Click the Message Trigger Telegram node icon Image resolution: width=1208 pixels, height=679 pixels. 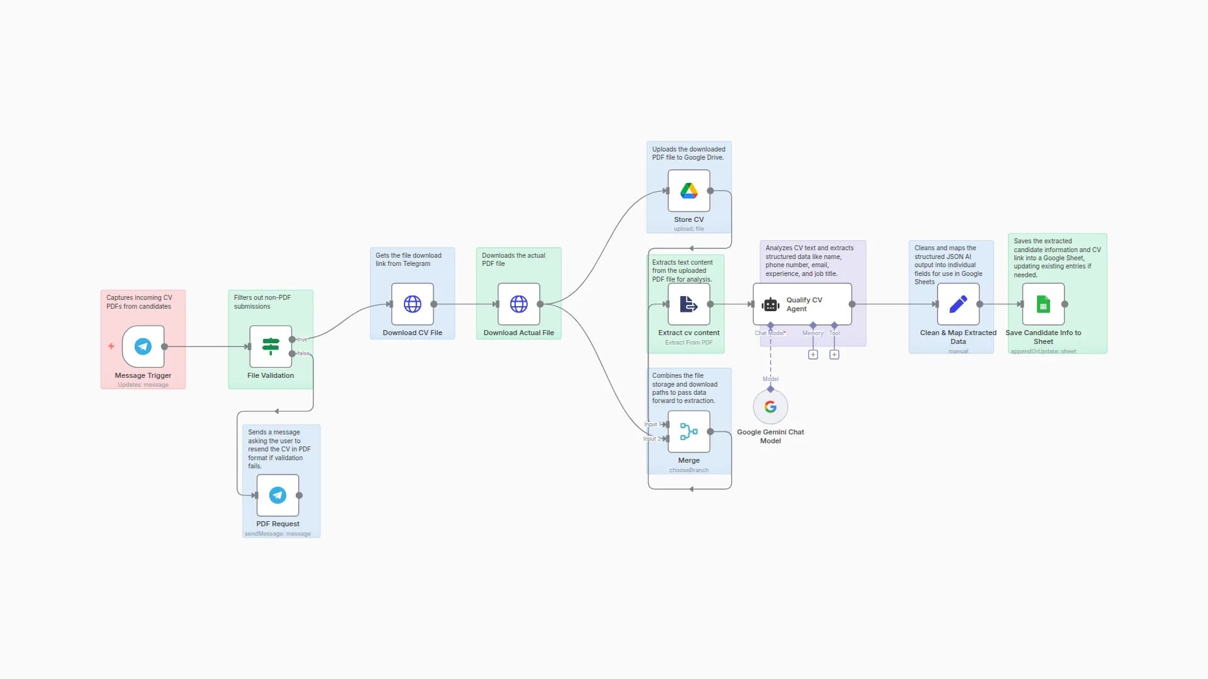143,346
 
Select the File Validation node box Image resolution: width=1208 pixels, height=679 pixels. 271,346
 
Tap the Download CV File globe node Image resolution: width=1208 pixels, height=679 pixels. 412,304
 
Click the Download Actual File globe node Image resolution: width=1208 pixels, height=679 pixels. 518,304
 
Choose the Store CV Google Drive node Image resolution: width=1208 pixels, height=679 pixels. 688,191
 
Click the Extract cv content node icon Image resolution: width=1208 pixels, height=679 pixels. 688,304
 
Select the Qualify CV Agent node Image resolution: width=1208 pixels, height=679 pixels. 802,304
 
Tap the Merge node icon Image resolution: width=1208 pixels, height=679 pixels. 688,432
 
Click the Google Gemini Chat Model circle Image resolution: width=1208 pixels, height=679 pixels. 770,407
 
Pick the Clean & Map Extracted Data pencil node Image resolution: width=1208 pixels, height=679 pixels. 958,304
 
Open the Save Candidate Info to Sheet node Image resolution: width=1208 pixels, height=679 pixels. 1043,304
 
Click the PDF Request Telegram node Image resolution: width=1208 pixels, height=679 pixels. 277,495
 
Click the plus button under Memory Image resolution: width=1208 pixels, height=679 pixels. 813,355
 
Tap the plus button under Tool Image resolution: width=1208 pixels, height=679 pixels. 834,355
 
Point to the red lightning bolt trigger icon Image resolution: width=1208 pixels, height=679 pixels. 111,346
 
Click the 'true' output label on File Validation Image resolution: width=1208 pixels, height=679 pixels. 303,339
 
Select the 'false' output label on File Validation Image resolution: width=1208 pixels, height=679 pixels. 303,353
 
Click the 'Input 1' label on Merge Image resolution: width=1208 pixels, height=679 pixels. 651,424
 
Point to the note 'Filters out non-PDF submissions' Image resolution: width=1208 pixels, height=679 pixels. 262,302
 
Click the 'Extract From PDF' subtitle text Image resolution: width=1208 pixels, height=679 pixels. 688,343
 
